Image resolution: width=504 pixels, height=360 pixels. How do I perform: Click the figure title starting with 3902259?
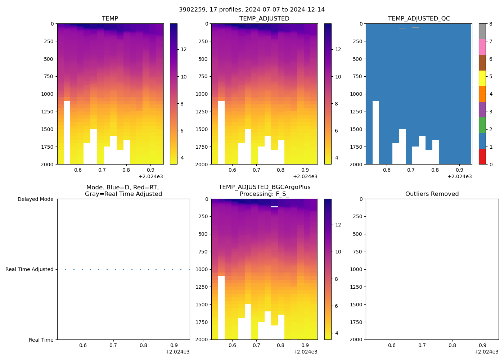[252, 10]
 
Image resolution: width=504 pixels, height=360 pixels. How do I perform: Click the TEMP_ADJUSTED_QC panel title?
[419, 19]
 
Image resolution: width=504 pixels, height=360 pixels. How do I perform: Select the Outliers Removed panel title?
[432, 194]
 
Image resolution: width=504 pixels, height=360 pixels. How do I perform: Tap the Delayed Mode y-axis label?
[35, 199]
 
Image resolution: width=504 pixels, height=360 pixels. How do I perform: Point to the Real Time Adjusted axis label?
[30, 269]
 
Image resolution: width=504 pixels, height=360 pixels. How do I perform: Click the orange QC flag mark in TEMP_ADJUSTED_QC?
[429, 32]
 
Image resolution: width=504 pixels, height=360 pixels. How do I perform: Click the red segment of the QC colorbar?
[482, 157]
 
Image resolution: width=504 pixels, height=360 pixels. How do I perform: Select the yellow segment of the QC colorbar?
[482, 78]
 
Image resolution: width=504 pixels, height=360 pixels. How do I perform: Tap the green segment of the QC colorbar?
[482, 125]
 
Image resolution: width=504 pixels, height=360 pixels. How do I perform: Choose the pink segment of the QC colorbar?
[482, 47]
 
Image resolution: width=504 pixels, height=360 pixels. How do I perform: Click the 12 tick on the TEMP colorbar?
[184, 49]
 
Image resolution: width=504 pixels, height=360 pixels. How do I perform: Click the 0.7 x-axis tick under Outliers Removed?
[422, 345]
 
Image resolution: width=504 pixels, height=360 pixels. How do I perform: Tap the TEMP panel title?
[110, 19]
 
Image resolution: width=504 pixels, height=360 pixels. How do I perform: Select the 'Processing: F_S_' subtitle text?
[264, 194]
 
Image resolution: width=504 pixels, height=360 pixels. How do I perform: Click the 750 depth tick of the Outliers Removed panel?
[357, 252]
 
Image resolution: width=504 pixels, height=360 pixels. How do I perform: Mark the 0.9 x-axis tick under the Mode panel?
[174, 345]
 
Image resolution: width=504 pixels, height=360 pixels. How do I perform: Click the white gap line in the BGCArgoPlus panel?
[274, 207]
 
